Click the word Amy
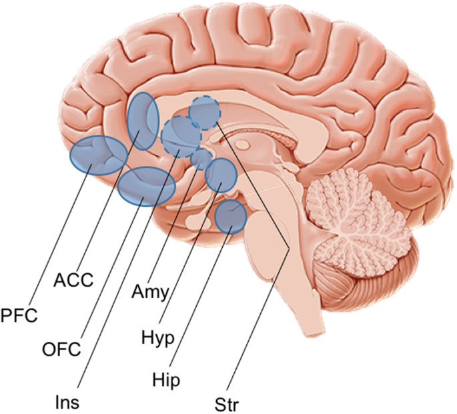[149, 291]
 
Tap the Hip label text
[165, 379]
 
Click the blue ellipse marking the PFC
[98, 154]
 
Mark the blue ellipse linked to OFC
[146, 187]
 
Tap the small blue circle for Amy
[201, 159]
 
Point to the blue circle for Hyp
[221, 174]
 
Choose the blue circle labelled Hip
[231, 215]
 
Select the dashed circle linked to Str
[204, 113]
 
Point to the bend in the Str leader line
[289, 250]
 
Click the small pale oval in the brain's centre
[243, 145]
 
